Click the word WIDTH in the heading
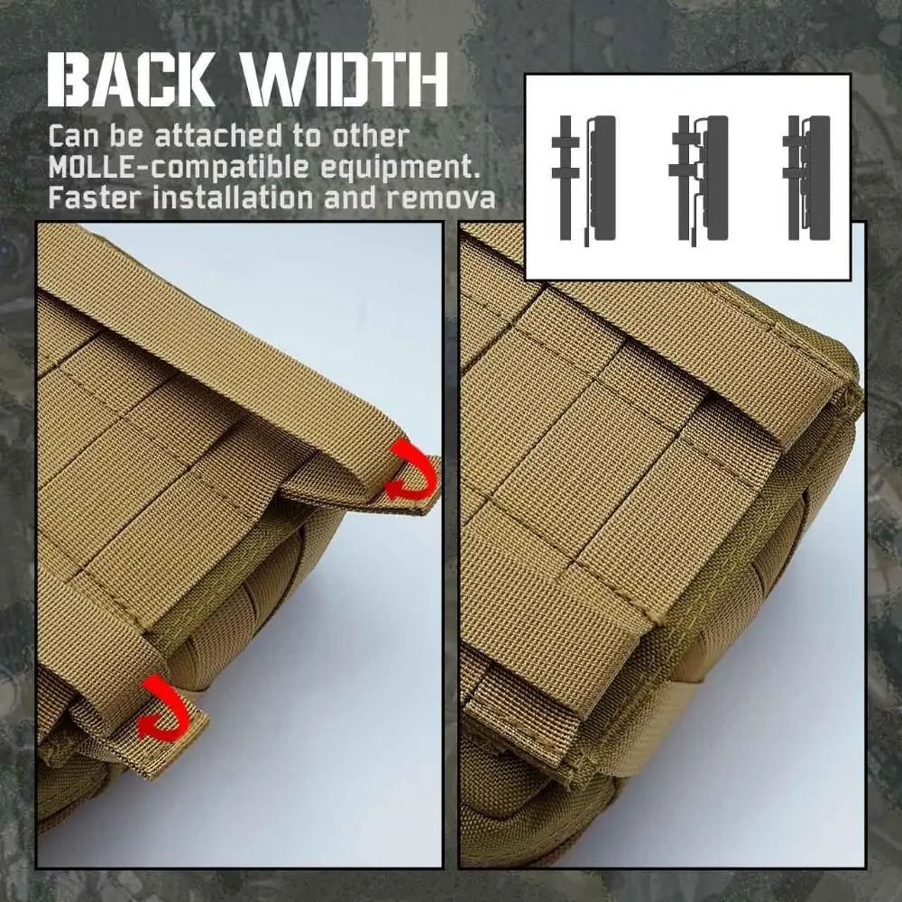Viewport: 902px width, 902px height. pyautogui.click(x=346, y=80)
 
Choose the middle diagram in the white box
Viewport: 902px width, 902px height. pyautogui.click(x=699, y=178)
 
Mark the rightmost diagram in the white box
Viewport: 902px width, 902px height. pyautogui.click(x=807, y=178)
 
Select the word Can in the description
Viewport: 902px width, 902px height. pyautogui.click(x=71, y=137)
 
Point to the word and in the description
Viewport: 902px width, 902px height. pyautogui.click(x=354, y=197)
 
